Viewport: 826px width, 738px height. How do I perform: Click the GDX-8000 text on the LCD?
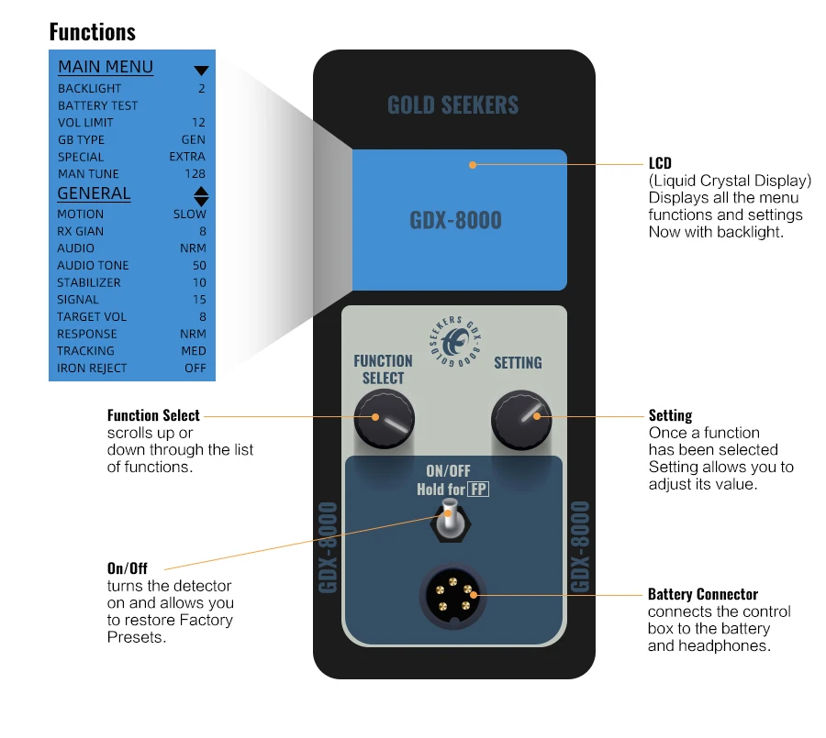455,221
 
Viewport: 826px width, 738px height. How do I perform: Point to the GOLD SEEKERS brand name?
452,105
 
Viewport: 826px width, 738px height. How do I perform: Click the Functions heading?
92,32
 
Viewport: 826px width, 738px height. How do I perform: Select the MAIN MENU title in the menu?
106,67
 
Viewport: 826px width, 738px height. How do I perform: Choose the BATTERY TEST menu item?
97,105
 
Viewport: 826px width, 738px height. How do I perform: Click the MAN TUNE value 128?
195,174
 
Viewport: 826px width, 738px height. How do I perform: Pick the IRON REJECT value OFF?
195,369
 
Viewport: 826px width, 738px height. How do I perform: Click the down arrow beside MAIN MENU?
201,71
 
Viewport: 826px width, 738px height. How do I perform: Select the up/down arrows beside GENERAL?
201,195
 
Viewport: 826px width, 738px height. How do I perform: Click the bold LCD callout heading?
660,164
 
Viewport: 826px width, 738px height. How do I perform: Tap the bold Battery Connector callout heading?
703,594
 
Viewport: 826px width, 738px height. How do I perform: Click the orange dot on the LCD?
473,165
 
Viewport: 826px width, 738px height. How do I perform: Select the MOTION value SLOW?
190,215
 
